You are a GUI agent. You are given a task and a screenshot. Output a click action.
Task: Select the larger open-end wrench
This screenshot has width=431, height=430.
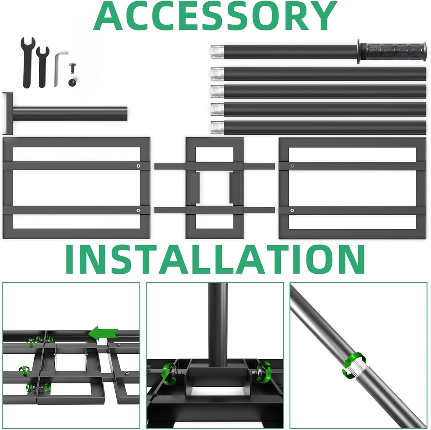point(28,62)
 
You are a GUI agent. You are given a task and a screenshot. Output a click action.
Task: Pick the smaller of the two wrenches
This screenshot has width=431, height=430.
point(42,67)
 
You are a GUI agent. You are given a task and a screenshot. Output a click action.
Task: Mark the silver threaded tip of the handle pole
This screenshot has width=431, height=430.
point(216,52)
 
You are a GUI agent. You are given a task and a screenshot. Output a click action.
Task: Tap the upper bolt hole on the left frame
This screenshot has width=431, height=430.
point(138,166)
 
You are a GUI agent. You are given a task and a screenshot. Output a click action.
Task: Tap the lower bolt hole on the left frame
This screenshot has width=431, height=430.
point(138,210)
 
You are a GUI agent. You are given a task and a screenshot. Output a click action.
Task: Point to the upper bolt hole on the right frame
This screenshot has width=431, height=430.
point(292,166)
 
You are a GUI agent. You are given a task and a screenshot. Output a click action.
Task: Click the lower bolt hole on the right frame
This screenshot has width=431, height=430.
point(292,210)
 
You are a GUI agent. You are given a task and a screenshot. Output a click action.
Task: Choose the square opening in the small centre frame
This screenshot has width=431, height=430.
point(215,188)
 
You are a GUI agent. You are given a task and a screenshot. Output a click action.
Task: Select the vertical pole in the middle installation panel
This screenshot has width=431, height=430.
point(218,320)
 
